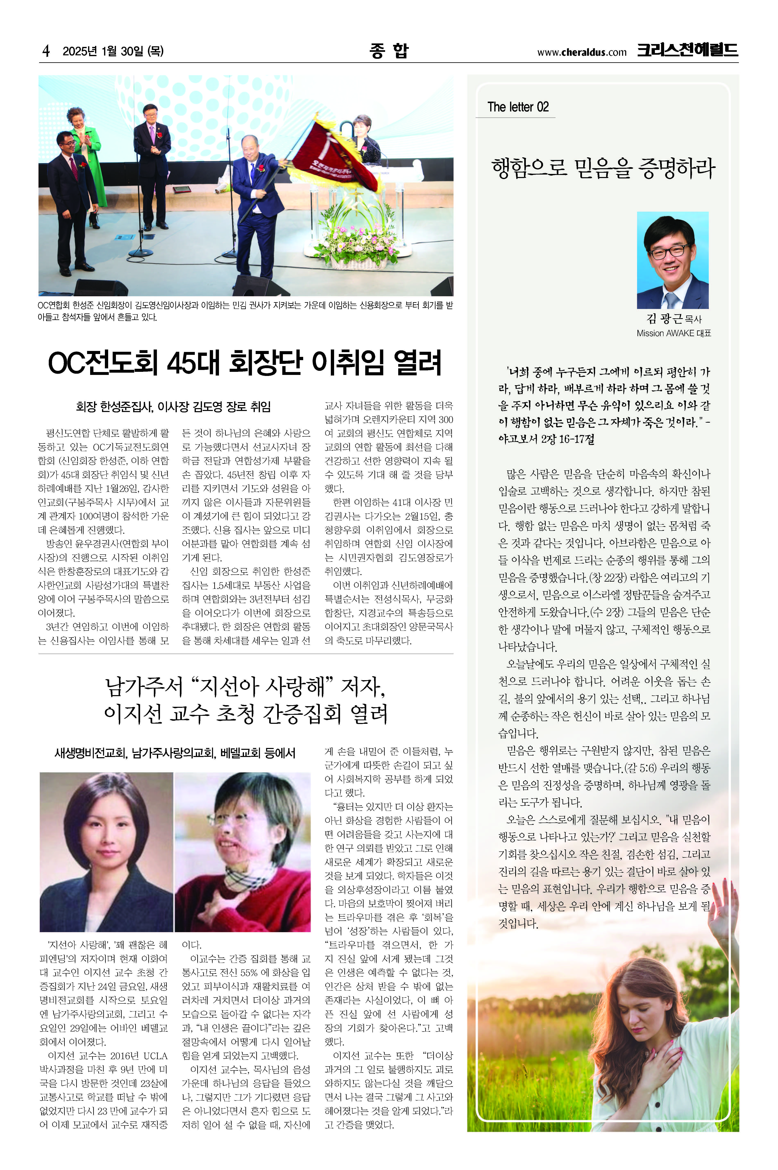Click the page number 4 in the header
pos(46,51)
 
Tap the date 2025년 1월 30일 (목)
pos(113,51)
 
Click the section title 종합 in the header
pos(389,51)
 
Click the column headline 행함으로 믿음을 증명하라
pos(603,168)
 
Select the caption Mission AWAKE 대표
pos(673,334)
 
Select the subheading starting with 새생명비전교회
pos(175,753)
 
